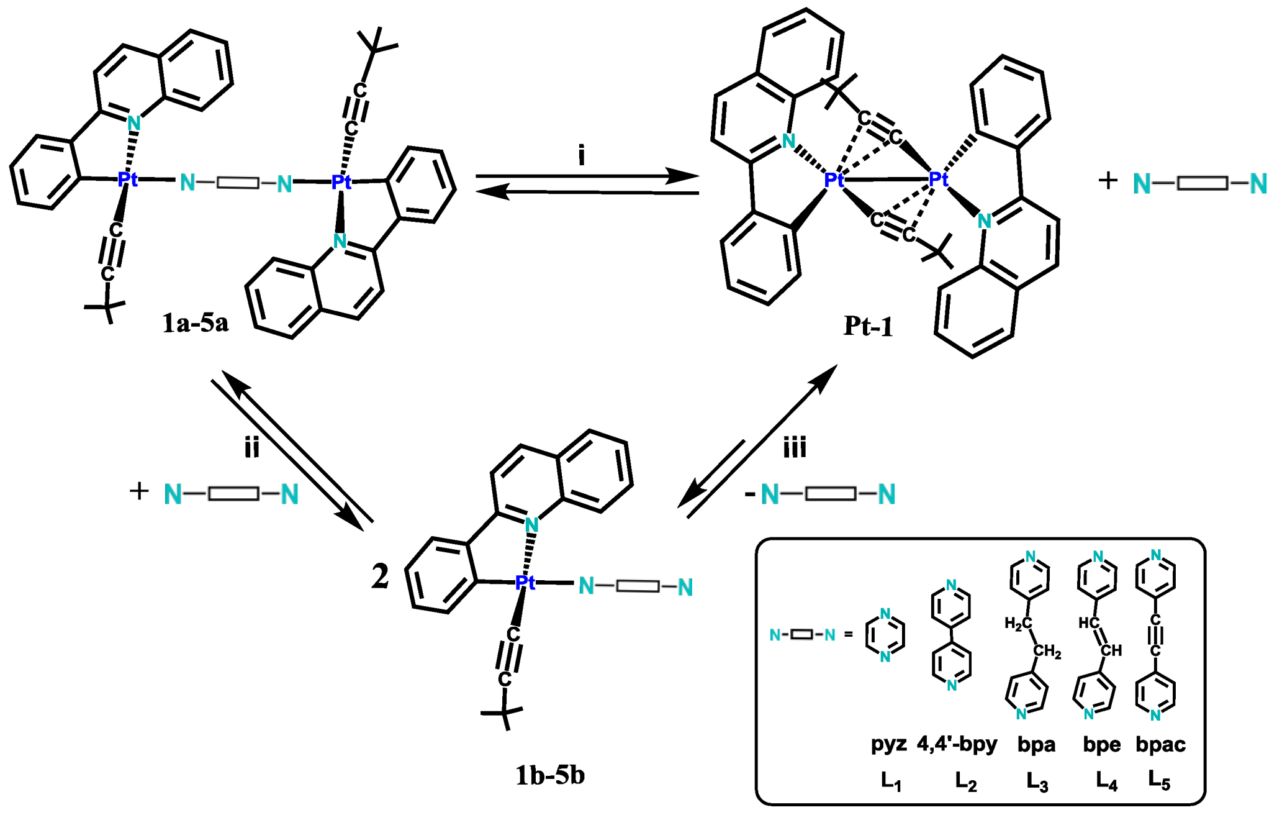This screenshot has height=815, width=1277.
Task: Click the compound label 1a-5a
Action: (195, 323)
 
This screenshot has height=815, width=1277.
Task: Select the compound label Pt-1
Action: (868, 326)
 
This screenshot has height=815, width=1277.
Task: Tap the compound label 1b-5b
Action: (549, 775)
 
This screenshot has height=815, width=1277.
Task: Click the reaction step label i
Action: (582, 155)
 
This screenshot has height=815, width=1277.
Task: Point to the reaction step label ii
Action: (251, 447)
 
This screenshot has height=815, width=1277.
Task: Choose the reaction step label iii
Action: (795, 447)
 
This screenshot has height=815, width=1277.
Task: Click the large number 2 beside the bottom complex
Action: (380, 576)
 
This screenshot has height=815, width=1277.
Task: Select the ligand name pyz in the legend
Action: (888, 744)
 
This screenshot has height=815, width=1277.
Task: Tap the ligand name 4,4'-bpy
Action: (957, 744)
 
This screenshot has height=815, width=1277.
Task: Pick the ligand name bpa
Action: (1036, 744)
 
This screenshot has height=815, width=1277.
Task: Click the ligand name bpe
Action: (1102, 744)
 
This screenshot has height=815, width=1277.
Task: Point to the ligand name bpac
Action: (1160, 744)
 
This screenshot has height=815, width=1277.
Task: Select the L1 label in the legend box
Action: (891, 781)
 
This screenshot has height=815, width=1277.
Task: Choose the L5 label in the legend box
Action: (1159, 780)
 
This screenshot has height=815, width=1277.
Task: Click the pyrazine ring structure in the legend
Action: (885, 635)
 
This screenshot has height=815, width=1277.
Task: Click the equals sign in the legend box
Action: (849, 635)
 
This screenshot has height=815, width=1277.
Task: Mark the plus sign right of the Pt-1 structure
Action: (1108, 181)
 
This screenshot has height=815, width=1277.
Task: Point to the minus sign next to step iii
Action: (750, 494)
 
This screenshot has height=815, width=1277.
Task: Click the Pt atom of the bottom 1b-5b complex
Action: (525, 582)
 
